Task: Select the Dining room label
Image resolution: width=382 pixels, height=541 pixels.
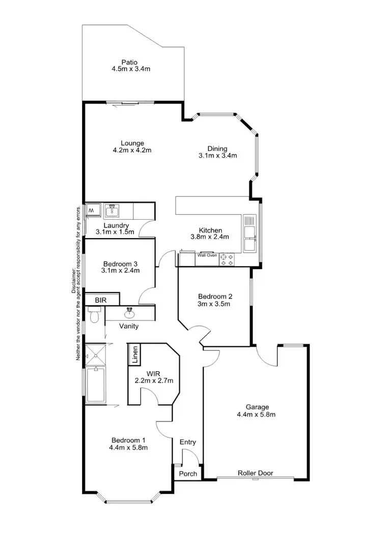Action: [217, 149]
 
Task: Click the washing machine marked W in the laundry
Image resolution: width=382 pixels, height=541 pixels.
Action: [92, 210]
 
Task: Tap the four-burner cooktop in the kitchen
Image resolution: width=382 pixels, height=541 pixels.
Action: [227, 260]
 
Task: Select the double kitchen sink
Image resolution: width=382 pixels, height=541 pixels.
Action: [250, 234]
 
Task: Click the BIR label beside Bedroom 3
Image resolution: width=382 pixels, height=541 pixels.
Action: [100, 300]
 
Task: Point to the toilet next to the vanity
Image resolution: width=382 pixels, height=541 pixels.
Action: [94, 316]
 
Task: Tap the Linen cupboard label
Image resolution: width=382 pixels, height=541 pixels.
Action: [135, 355]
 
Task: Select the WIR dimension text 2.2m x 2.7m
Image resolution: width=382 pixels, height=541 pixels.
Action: [154, 380]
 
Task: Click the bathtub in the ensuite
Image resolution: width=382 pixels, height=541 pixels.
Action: [95, 384]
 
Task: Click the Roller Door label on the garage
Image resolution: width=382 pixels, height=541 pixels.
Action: [255, 473]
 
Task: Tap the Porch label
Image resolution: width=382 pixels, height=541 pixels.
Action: [188, 474]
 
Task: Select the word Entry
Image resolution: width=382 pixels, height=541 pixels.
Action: [188, 442]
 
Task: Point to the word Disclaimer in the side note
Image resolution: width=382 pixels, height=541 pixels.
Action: [73, 280]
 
